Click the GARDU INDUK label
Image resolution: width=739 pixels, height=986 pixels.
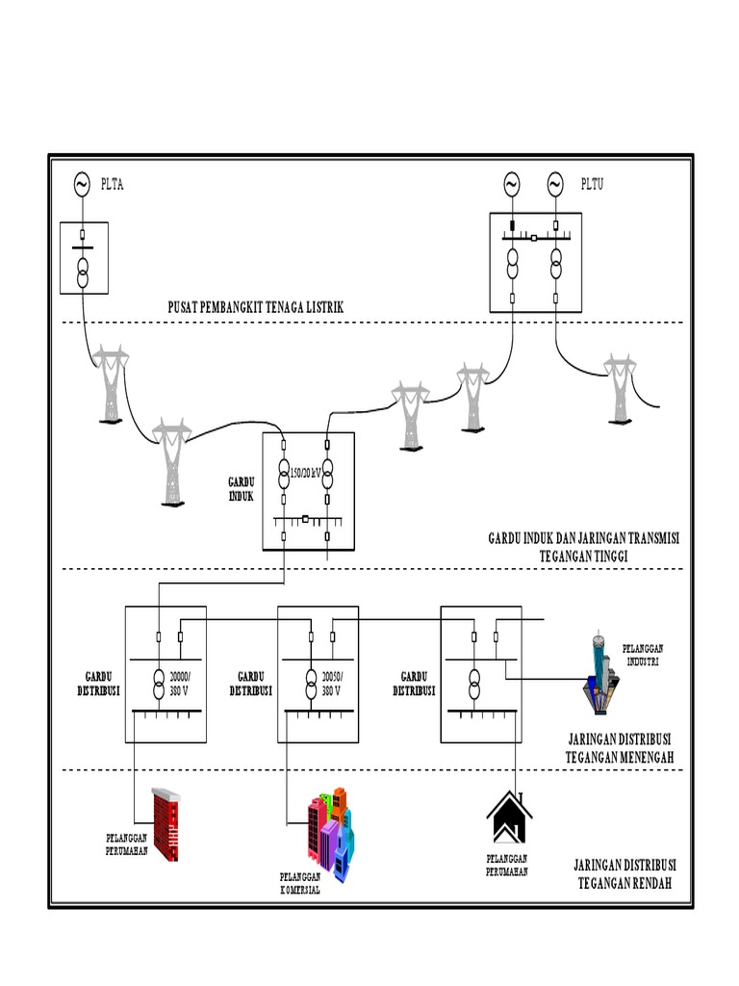point(242,488)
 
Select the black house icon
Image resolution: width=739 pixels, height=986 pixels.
point(510,818)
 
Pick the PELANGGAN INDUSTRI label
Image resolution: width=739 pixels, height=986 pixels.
point(645,655)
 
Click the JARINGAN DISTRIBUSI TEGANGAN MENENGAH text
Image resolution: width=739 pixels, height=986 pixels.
point(621,748)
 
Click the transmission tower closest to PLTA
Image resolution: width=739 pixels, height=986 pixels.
point(112,385)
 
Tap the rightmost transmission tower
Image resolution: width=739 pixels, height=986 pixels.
point(619,387)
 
